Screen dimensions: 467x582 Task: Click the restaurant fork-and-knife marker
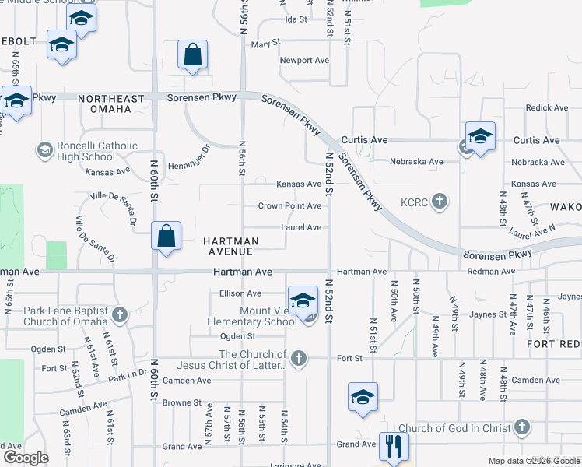[394, 447]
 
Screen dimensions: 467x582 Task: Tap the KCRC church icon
[440, 202]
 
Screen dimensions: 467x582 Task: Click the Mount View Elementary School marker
[303, 300]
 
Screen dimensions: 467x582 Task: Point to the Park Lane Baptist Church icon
[120, 315]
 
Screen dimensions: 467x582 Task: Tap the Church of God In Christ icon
[522, 427]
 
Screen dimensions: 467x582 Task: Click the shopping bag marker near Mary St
[191, 56]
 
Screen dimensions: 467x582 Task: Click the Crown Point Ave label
[289, 206]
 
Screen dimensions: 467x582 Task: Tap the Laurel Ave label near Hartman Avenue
[301, 228]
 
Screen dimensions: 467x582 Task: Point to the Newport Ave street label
[305, 61]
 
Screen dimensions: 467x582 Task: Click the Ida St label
[296, 19]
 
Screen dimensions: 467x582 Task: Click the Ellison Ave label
[240, 293]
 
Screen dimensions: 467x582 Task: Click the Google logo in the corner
[26, 458]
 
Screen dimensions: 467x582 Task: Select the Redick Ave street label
[547, 108]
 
